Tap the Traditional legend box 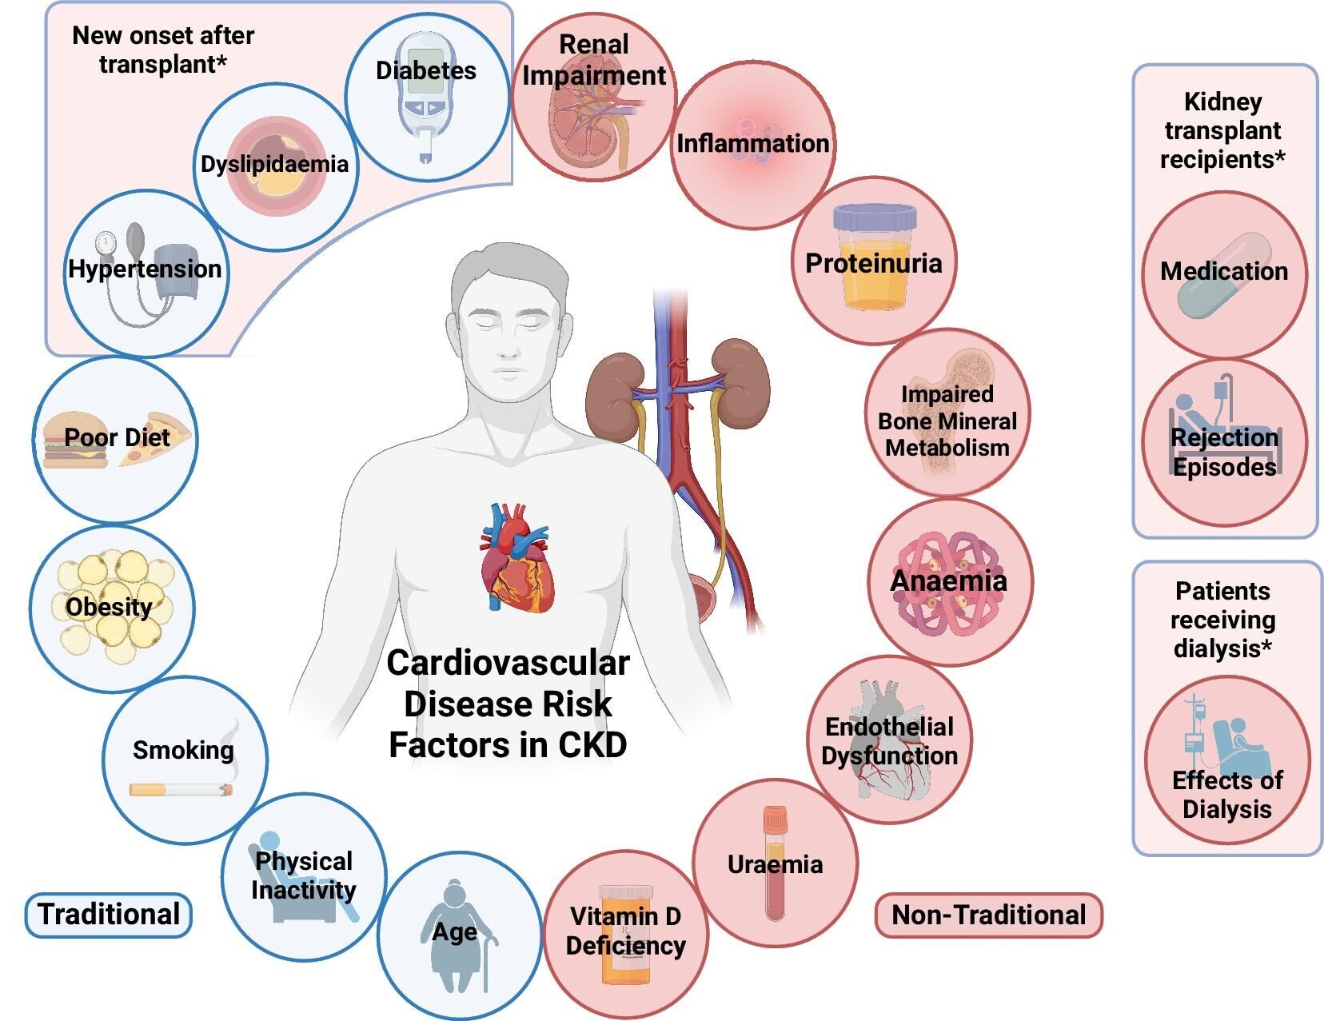tap(109, 915)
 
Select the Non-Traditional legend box tap(988, 915)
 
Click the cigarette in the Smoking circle tap(181, 790)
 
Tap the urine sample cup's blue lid tap(874, 217)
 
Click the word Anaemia tap(948, 581)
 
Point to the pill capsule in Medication tap(1224, 276)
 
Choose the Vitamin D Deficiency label tap(625, 931)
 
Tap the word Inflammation tap(752, 144)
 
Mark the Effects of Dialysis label tap(1226, 794)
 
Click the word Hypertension tap(145, 269)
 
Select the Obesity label tap(109, 607)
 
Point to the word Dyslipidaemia tap(274, 165)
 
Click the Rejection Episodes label tap(1224, 452)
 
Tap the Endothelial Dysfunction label tap(889, 741)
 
